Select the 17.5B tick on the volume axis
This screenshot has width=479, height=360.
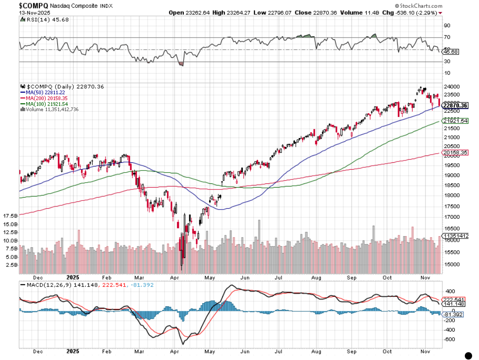tap(10, 216)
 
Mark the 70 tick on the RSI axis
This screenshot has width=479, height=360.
tap(446, 37)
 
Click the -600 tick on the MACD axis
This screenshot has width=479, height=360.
tap(449, 339)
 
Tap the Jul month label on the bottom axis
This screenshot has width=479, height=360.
tap(278, 277)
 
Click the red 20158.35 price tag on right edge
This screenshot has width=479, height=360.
tap(454, 153)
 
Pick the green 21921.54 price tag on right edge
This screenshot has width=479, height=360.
tap(454, 121)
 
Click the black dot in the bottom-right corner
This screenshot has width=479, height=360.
tap(468, 355)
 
